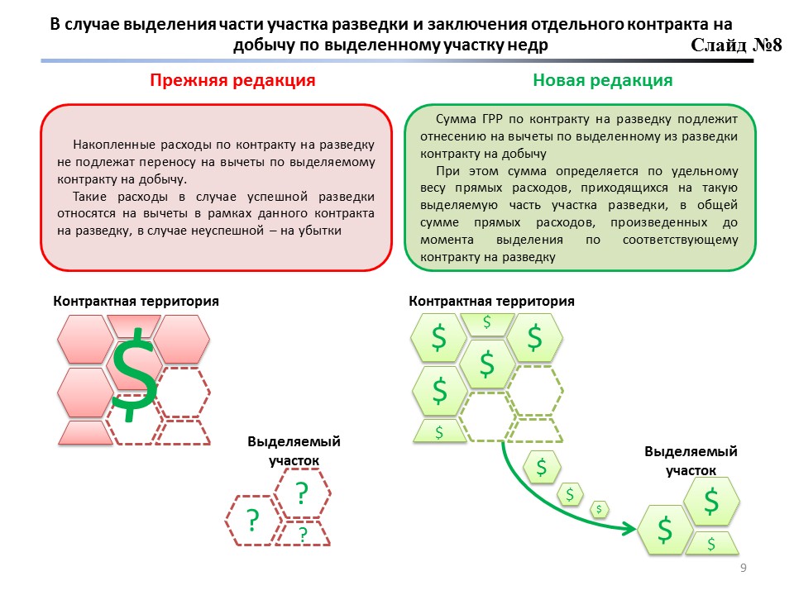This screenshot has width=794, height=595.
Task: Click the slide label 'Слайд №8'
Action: (737, 45)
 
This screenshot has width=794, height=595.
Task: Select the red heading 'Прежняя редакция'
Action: (232, 80)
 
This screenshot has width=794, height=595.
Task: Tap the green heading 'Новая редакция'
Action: (602, 80)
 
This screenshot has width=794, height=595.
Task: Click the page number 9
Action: (743, 568)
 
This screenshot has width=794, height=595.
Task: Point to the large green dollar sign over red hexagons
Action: (136, 372)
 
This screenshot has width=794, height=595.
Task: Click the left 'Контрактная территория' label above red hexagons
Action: (136, 301)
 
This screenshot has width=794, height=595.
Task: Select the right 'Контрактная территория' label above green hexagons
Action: (491, 301)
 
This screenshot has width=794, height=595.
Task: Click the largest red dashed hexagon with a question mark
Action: (303, 493)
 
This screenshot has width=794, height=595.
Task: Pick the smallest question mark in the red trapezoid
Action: (303, 535)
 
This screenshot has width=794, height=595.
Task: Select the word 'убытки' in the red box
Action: (318, 231)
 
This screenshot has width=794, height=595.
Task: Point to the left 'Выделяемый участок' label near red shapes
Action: (294, 451)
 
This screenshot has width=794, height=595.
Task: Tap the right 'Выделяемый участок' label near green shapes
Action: (690, 460)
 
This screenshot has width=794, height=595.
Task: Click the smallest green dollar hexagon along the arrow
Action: (598, 509)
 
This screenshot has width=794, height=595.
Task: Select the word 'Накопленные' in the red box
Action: (109, 144)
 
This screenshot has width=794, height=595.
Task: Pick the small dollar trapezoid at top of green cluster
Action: (486, 323)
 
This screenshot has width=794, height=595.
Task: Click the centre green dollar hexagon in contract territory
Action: (486, 364)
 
